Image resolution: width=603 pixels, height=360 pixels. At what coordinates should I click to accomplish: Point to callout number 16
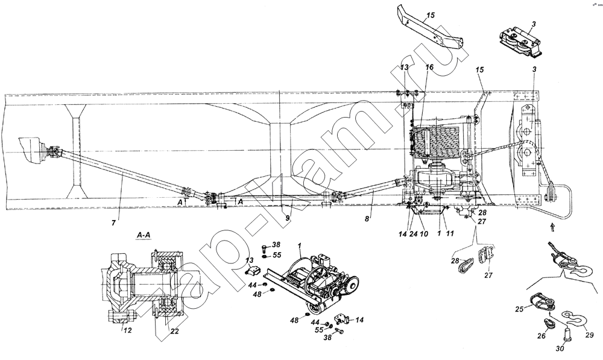point(429,69)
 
